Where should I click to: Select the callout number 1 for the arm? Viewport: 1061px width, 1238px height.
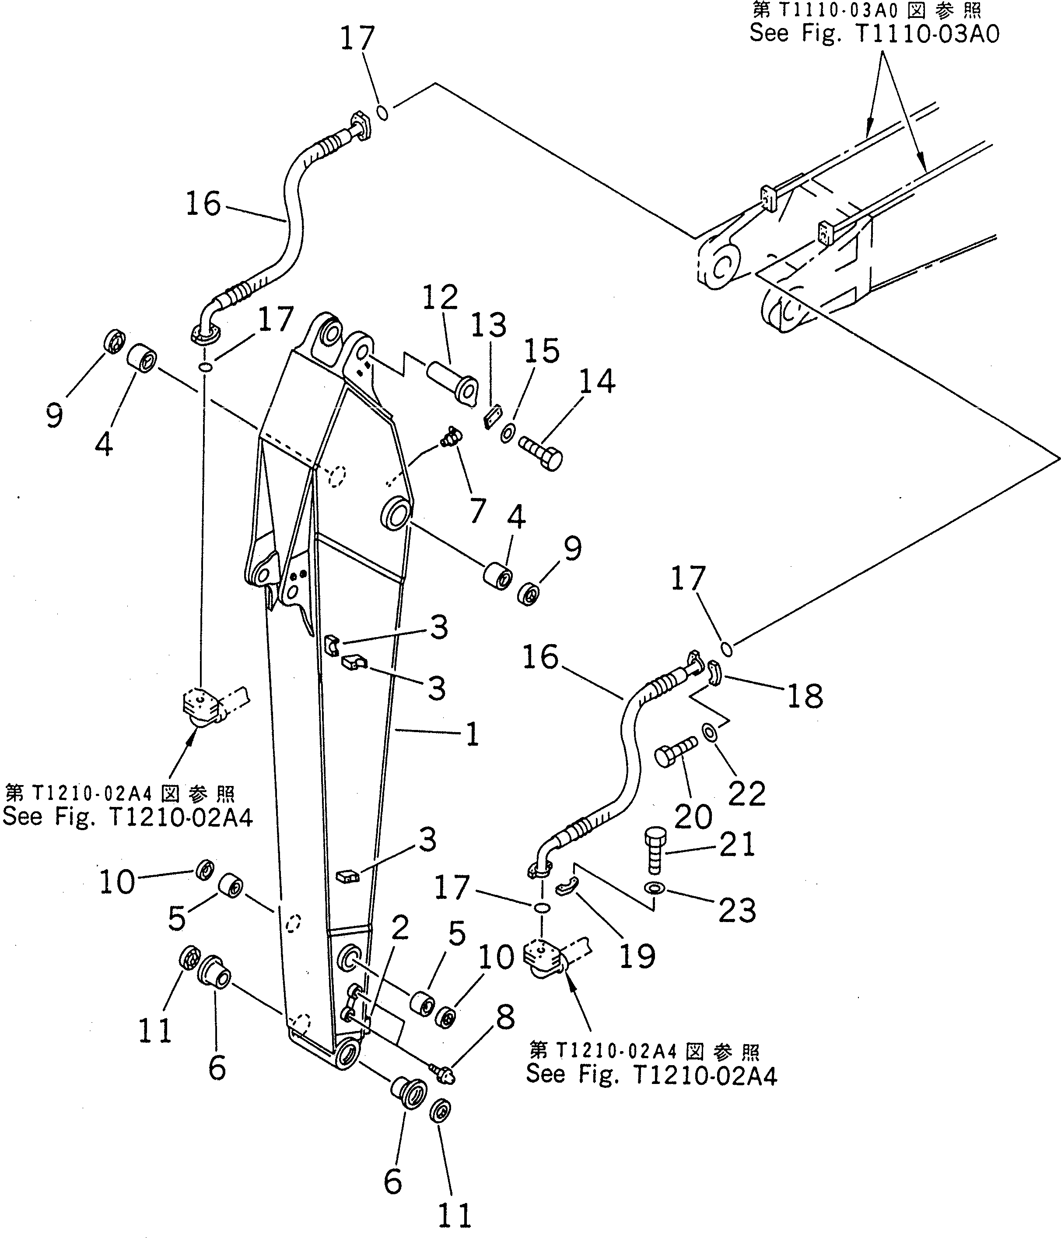(x=472, y=734)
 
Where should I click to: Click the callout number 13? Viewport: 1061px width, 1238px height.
(x=488, y=326)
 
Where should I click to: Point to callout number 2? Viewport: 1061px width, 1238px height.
(x=399, y=928)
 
